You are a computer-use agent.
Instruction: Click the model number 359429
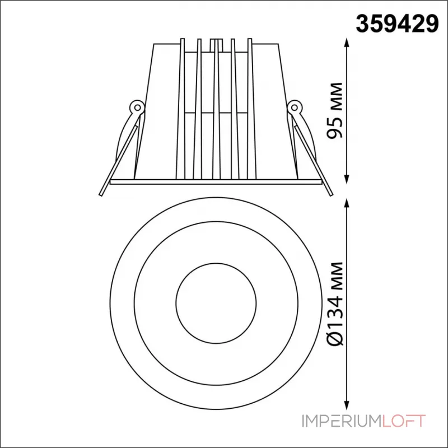(x=397, y=24)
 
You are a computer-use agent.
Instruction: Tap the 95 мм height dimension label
(x=334, y=110)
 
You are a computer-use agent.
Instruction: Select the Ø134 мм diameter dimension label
(x=334, y=304)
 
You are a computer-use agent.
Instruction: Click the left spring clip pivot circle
(x=137, y=108)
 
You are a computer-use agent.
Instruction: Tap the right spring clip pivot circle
(x=294, y=108)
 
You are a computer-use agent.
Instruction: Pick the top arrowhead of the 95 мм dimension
(x=347, y=43)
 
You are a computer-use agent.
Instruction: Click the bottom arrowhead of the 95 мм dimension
(x=347, y=179)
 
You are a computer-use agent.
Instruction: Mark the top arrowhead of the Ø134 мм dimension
(x=347, y=204)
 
